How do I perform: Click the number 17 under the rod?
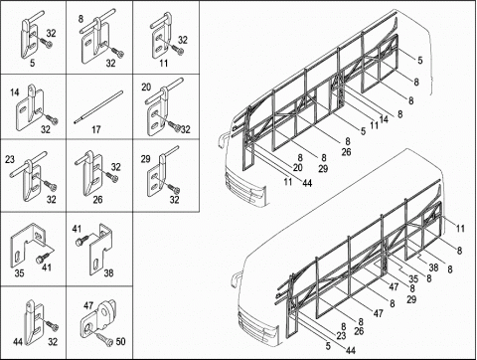point(96,129)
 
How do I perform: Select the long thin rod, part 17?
point(98,107)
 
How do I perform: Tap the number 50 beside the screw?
point(120,341)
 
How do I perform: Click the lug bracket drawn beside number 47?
point(99,315)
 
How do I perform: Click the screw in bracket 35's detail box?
point(42,258)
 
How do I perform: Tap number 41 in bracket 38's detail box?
point(77,229)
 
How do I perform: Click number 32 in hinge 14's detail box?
point(46,129)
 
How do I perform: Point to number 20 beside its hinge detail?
point(146,88)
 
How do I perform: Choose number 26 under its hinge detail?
point(97,200)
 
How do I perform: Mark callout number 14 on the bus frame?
point(384,119)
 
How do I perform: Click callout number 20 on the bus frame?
point(297,168)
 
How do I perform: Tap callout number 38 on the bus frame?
point(433,268)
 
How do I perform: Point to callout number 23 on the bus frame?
point(341,336)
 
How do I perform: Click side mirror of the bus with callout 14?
point(221,140)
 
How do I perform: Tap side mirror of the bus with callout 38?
point(235,279)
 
